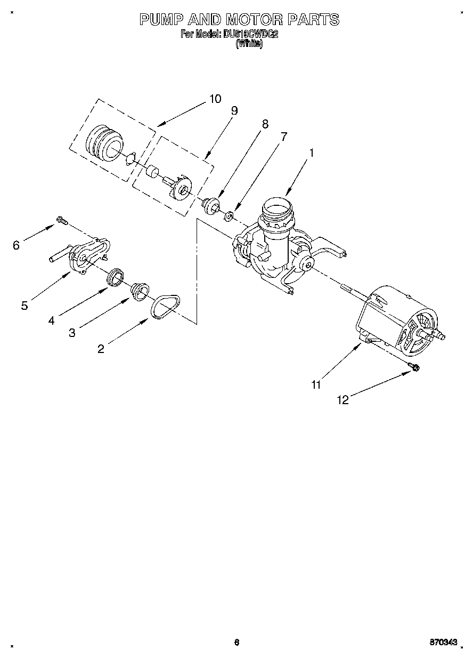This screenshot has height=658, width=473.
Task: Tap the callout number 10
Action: tap(215, 99)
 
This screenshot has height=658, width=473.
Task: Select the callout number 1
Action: tap(312, 153)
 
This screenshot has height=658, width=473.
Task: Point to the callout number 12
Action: tap(344, 400)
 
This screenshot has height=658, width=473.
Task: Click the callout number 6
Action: tap(17, 245)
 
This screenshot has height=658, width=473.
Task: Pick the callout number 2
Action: tap(101, 349)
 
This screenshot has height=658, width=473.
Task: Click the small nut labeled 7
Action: tap(229, 216)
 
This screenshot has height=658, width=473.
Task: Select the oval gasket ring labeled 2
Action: tap(165, 308)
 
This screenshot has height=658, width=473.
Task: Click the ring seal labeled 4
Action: tap(116, 278)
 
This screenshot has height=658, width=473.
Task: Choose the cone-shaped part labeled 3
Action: tap(140, 290)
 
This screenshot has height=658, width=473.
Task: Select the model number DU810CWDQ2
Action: tap(251, 35)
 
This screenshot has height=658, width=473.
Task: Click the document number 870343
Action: tap(444, 643)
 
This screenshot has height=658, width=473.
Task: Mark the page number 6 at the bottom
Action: tap(237, 643)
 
